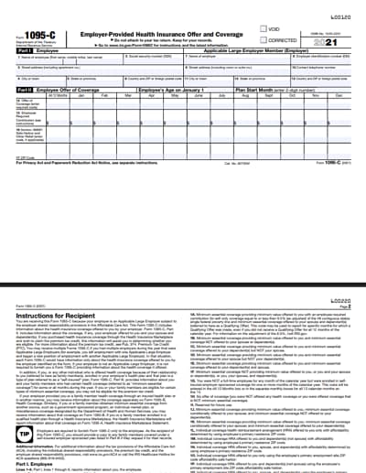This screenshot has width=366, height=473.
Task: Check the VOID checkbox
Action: (x=262, y=29)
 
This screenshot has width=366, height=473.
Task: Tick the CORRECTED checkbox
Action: (x=262, y=40)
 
